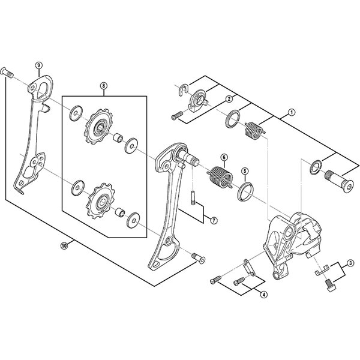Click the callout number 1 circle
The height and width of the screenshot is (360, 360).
click(x=292, y=112)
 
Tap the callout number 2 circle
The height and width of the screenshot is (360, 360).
click(x=229, y=99)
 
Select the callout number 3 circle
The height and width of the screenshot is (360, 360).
click(x=350, y=262)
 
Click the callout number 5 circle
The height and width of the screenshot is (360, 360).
click(x=244, y=170)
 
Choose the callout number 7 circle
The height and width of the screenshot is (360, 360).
click(x=212, y=220)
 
